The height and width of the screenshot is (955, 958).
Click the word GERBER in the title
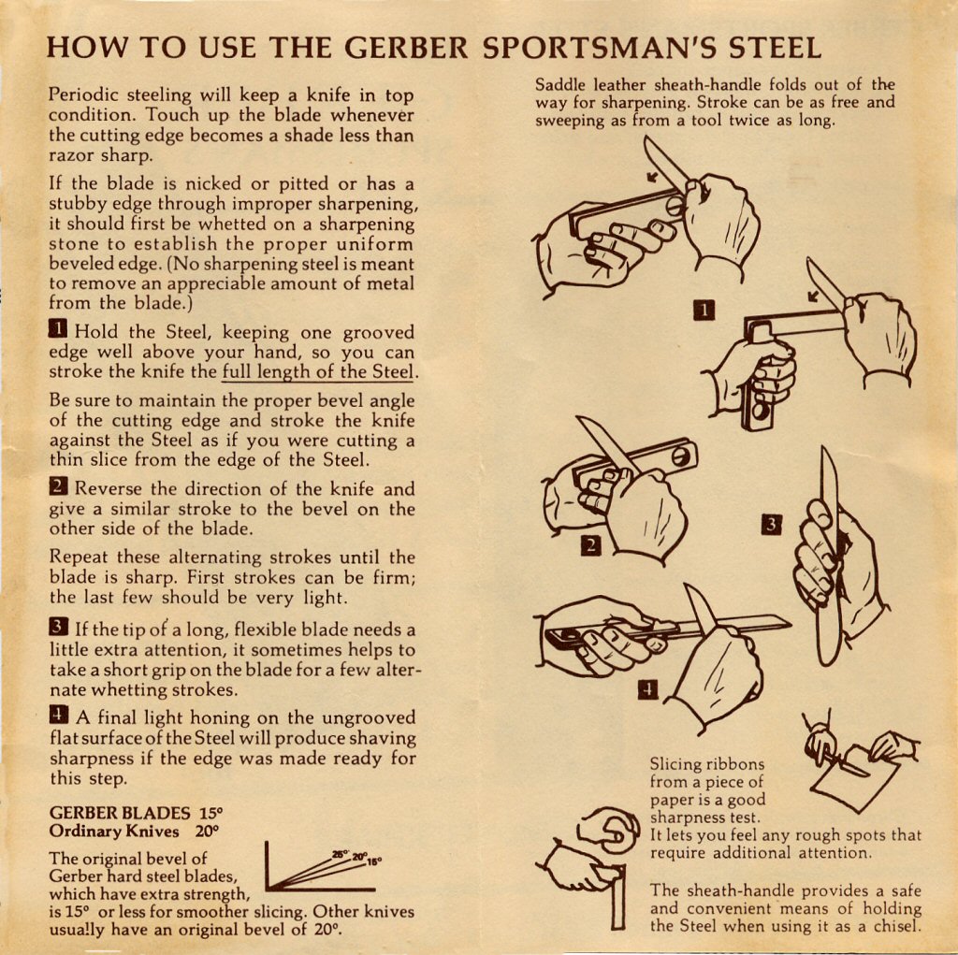coord(406,48)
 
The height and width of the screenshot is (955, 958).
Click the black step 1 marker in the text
coord(57,329)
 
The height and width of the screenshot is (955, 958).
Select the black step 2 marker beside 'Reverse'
coord(57,486)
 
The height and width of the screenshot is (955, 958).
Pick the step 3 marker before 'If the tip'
coord(58,627)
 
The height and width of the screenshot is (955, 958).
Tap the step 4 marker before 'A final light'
coord(59,715)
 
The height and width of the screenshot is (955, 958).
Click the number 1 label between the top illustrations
coord(704,311)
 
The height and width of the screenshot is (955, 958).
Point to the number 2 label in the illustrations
coord(591,545)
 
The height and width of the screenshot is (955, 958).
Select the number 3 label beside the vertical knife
coord(772,525)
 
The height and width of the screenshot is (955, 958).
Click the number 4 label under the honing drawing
coord(648,690)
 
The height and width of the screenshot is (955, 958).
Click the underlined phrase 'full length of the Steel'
coord(318,372)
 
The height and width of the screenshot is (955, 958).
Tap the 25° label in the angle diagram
coord(341,854)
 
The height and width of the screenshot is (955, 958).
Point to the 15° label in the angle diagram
coord(374,862)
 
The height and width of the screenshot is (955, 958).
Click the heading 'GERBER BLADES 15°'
coord(137,813)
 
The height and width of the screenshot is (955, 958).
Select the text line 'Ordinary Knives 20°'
coord(135,832)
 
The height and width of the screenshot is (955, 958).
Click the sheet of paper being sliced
coord(855,779)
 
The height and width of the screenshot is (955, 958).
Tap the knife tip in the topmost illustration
coord(646,138)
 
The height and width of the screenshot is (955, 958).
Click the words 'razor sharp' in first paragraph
coord(101,155)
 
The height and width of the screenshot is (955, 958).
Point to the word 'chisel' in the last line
coord(896,926)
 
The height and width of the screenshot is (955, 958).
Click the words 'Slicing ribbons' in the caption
coord(707,764)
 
